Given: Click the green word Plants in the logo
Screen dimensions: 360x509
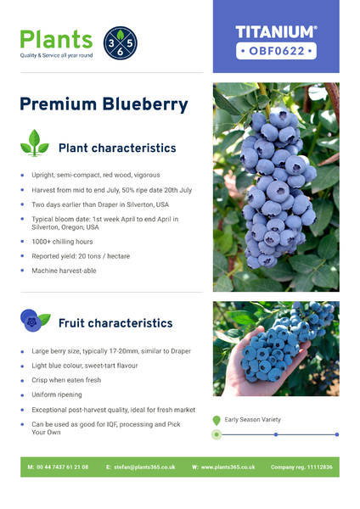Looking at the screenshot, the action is pos(57,39).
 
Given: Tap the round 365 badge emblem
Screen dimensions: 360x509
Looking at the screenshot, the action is pos(121,43).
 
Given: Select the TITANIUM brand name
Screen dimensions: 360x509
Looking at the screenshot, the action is pos(276,32).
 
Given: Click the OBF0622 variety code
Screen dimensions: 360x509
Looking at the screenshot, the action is pos(277,51).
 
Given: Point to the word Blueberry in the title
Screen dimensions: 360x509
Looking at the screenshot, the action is pos(145,104).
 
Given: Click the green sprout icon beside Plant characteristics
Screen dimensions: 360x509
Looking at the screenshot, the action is pos(35,143).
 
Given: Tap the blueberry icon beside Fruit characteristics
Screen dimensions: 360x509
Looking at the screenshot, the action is pos(35,320).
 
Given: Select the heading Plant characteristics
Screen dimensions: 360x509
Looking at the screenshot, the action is pos(117,148).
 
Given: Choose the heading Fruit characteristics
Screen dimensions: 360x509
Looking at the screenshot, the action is pos(115,323).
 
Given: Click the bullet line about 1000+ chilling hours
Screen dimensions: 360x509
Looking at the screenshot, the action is pos(62,242).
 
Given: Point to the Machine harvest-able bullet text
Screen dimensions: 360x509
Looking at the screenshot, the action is pos(64,271).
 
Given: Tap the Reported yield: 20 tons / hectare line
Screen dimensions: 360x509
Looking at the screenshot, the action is pos(81,256).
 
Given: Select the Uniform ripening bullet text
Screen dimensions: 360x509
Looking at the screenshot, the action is pos(57,394).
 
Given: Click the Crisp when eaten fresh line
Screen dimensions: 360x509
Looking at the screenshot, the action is pos(66,380).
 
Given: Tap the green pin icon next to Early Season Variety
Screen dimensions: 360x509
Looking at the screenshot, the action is pos(217,421).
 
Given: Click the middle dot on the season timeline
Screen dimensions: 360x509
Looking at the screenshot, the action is pos(276,434).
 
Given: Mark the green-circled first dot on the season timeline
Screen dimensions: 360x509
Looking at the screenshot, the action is pos(217,434).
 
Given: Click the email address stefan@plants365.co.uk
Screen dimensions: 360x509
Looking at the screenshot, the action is pos(144,467).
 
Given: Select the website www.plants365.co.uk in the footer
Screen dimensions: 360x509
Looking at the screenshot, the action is pos(228,467).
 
